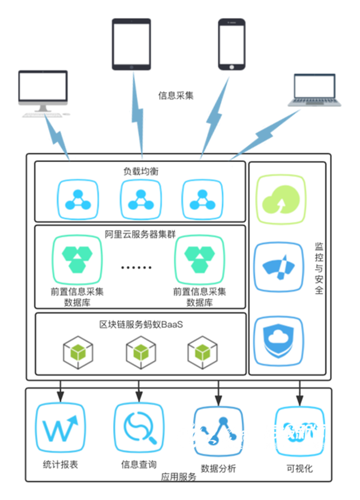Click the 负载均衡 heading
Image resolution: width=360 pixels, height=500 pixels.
pos(141,171)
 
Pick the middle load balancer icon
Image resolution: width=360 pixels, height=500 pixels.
pos(141,199)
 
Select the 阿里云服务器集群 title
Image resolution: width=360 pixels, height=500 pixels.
pos(140,234)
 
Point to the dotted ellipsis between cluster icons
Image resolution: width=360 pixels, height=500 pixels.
pos(139,266)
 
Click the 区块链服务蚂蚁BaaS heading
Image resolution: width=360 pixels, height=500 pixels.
pos(140,324)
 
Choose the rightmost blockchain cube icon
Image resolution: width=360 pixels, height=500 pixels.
pos(202,351)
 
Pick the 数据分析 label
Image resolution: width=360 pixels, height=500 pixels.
pos(217,468)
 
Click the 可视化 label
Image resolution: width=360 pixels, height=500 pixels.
pos(299,468)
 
